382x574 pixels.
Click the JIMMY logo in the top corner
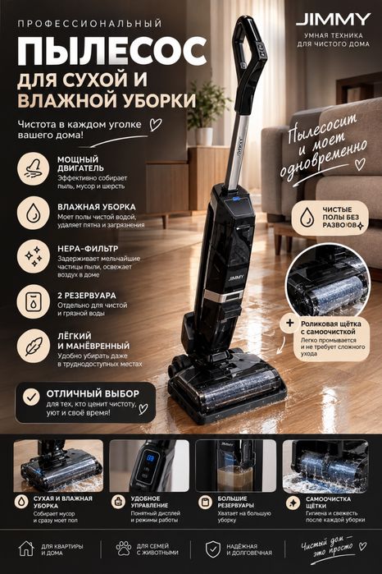click(x=333, y=21)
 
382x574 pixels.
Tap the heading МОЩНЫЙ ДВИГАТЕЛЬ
click(x=80, y=163)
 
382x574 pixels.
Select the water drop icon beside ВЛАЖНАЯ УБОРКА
click(x=34, y=213)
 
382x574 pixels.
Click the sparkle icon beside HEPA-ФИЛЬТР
click(x=34, y=256)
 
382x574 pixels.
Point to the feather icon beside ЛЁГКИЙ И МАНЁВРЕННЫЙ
click(x=34, y=346)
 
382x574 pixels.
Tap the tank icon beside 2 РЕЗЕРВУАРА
click(x=34, y=301)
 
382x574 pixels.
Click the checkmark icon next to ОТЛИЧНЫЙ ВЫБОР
click(x=31, y=397)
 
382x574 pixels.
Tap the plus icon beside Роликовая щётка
click(x=290, y=324)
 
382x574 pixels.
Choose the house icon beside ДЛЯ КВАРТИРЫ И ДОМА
click(x=26, y=549)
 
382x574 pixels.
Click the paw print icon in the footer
click(x=123, y=549)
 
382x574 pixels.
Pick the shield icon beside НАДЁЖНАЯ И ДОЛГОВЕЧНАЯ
click(x=213, y=549)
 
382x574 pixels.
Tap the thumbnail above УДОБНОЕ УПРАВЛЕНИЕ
click(x=149, y=466)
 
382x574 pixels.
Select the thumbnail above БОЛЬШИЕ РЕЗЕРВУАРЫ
click(x=236, y=466)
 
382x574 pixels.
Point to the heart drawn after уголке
click(x=156, y=125)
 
